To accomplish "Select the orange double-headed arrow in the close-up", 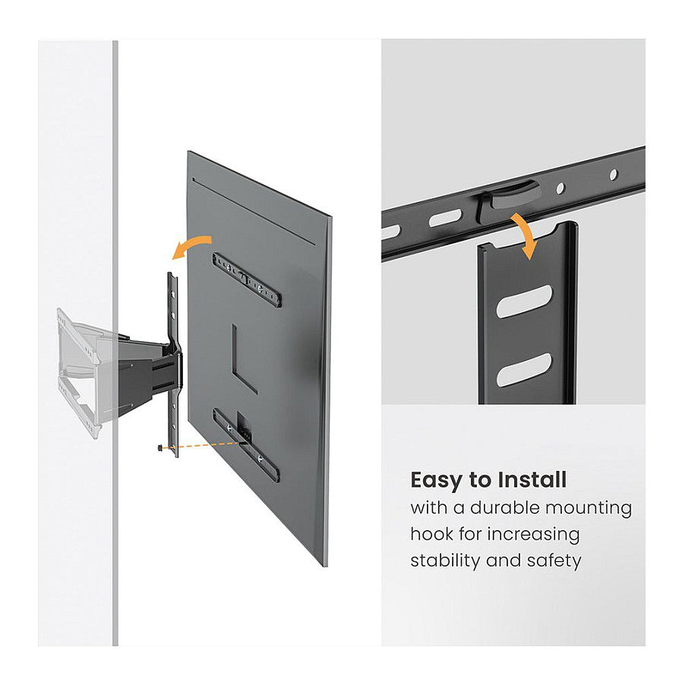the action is click(x=526, y=234).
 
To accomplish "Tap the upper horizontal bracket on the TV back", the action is click(x=246, y=278).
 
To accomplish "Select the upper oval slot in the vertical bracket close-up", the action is click(x=524, y=301).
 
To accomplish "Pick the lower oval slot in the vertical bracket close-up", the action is click(x=524, y=370).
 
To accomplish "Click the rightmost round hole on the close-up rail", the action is click(x=614, y=175).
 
